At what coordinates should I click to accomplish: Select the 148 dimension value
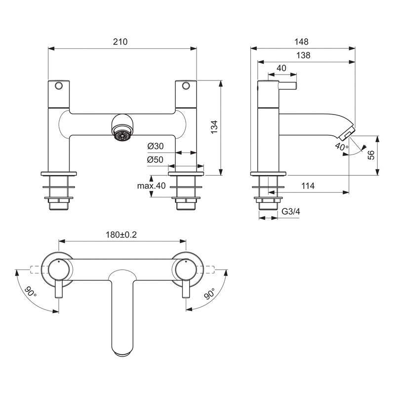(x=303, y=42)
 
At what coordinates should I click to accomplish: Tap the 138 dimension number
(x=303, y=56)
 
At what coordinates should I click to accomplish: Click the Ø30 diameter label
(x=155, y=147)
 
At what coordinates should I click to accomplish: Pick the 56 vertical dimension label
(x=371, y=154)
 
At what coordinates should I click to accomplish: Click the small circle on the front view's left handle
(x=59, y=86)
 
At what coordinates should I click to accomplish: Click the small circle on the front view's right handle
(x=186, y=86)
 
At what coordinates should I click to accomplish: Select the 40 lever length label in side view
(x=281, y=68)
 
